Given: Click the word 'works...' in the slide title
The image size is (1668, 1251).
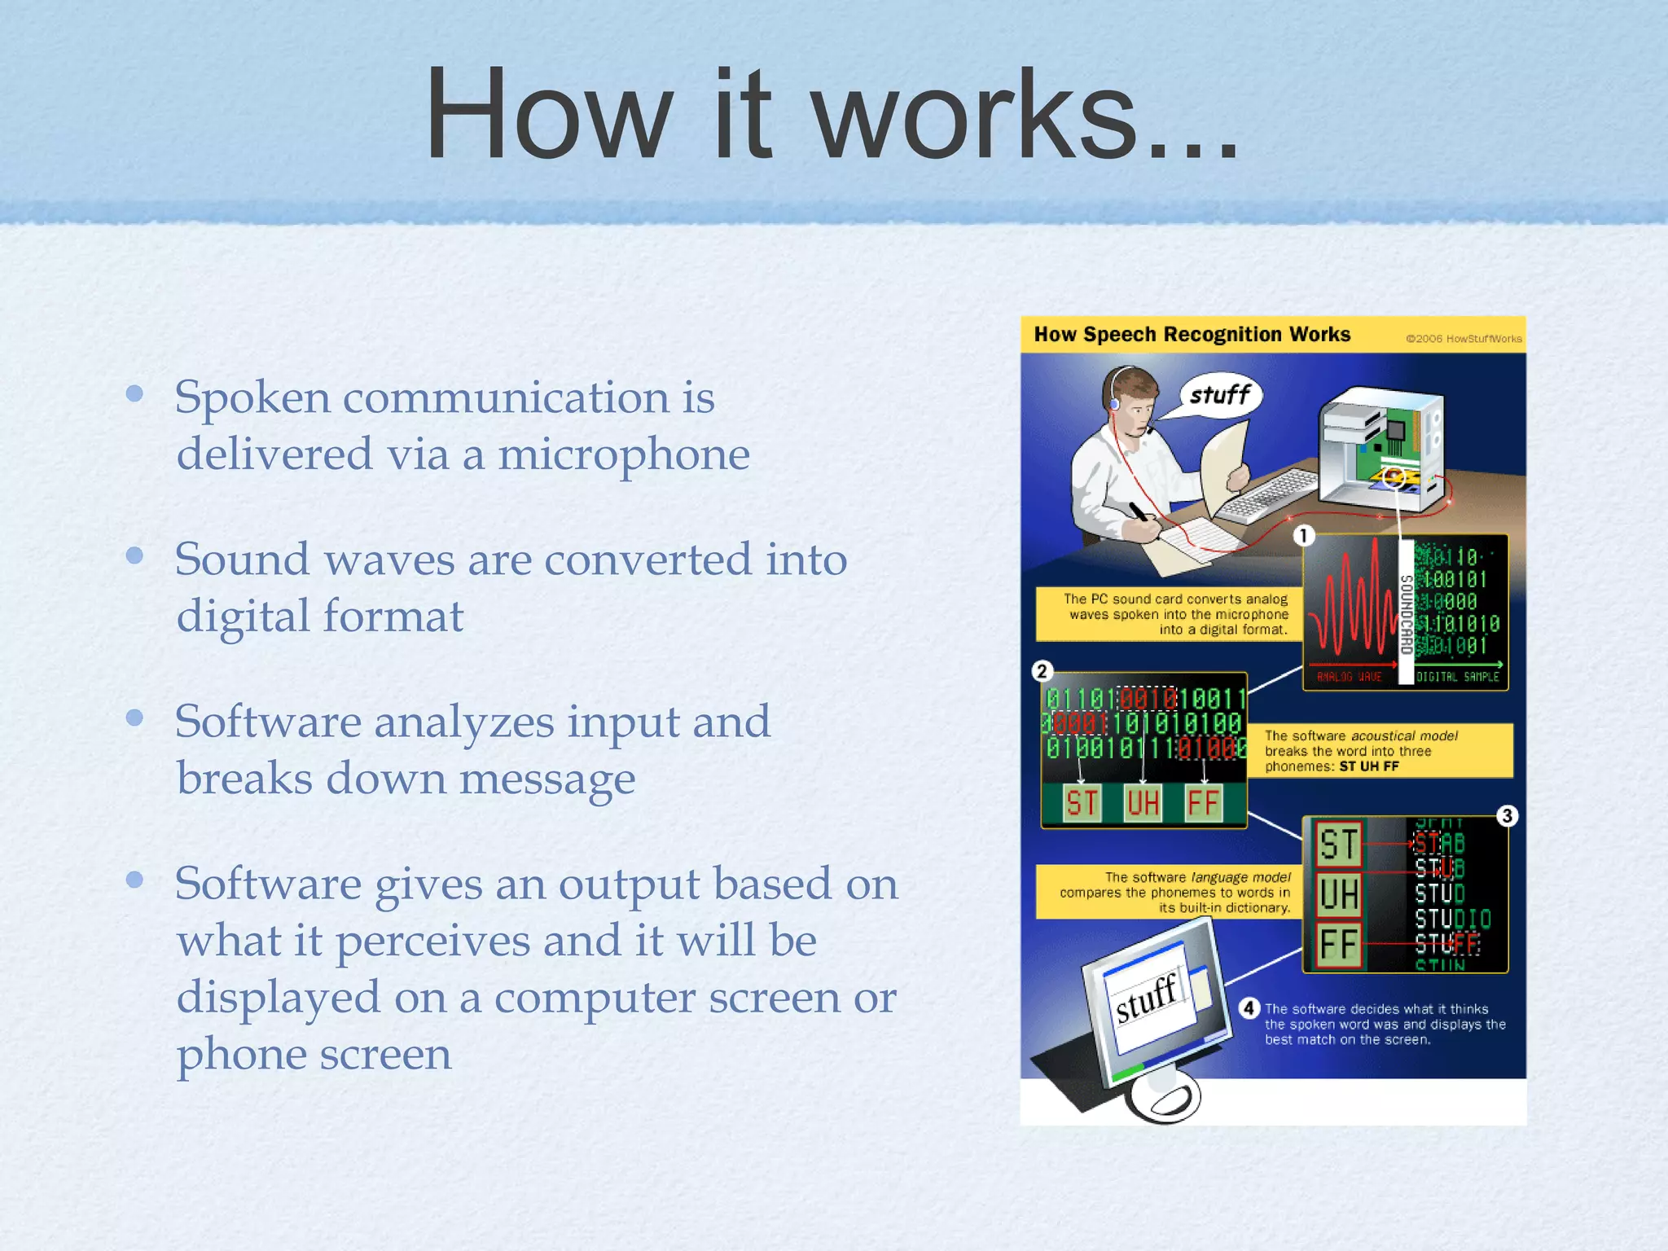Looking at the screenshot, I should click(x=1026, y=116).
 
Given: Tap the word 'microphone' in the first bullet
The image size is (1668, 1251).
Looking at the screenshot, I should click(x=624, y=454).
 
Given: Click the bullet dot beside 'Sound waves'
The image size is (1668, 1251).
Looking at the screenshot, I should click(x=135, y=556).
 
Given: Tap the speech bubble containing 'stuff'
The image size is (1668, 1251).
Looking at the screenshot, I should click(x=1219, y=396).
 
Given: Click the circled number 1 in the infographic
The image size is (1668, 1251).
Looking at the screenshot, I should click(x=1303, y=535).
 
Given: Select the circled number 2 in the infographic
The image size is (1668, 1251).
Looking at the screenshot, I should click(x=1042, y=671).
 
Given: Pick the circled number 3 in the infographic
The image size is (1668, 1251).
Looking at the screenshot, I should click(x=1507, y=815).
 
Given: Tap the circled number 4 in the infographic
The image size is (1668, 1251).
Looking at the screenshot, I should click(x=1249, y=1008).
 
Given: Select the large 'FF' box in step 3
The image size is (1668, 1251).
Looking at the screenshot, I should click(x=1339, y=945).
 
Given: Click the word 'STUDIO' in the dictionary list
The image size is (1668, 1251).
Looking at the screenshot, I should click(x=1452, y=920).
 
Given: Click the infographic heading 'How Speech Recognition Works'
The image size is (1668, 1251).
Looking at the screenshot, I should click(x=1192, y=335).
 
